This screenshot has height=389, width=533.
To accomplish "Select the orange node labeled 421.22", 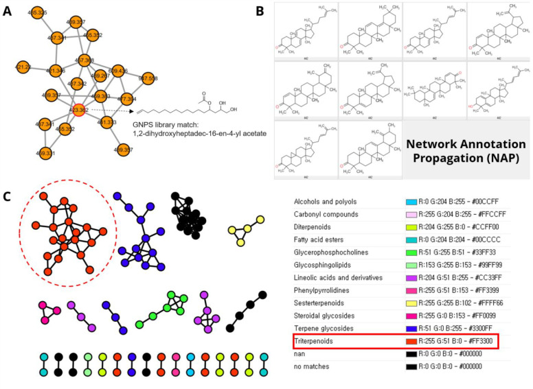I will click(x=23, y=67).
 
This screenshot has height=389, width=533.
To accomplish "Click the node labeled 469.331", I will click(x=25, y=153).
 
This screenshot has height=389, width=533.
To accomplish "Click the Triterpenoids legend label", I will click(x=318, y=340).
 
